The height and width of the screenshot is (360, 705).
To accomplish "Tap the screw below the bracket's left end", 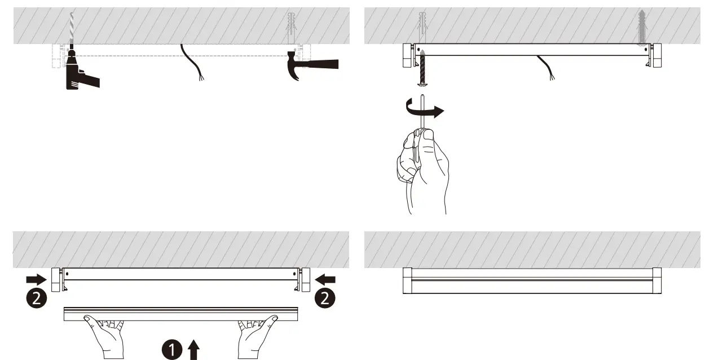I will tap(421, 68).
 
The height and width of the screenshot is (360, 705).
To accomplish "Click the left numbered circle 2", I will tap(36, 298).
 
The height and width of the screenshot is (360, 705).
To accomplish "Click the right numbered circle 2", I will tap(324, 298).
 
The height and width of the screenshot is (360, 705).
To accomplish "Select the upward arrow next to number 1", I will tap(193, 349).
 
